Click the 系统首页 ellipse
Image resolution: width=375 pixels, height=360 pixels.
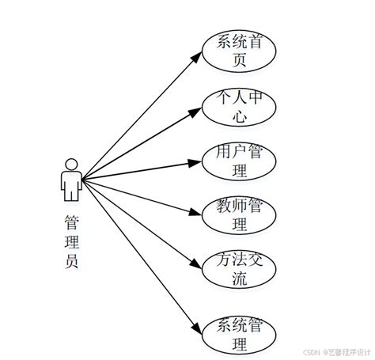(x=239, y=48)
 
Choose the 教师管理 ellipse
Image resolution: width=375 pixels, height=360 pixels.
(x=239, y=214)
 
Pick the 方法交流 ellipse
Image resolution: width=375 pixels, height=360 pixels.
(x=239, y=269)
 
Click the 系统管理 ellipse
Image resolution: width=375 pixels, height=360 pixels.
(x=239, y=335)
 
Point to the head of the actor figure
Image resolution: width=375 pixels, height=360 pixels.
(x=71, y=165)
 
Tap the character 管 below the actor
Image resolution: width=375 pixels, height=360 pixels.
(x=71, y=222)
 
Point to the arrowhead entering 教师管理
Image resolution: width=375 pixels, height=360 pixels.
(x=197, y=212)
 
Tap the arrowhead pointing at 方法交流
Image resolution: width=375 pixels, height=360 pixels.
(x=198, y=263)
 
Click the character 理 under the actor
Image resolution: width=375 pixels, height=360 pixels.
(x=71, y=242)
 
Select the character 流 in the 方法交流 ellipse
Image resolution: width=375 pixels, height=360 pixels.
(x=239, y=279)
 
